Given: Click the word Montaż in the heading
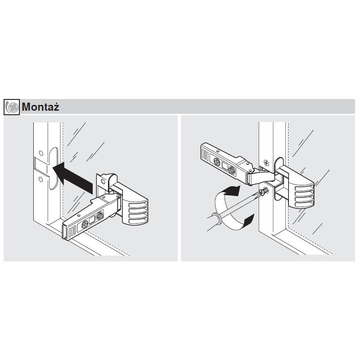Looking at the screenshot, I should [41, 107].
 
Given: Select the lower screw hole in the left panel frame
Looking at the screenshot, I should [41, 180].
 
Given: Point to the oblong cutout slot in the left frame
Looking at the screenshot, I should [53, 168].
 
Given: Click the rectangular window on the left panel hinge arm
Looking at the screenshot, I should [92, 221].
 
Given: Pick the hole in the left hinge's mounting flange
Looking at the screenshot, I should [103, 182].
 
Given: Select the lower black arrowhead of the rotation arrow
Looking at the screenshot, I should [247, 220].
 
